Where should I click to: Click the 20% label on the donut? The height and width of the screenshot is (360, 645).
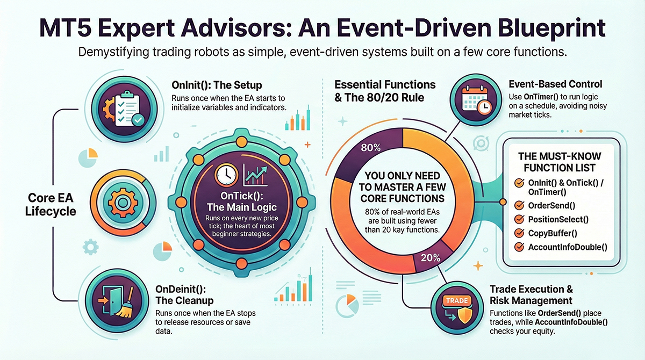click(x=430, y=256)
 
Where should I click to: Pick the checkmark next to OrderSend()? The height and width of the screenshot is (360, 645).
click(x=519, y=205)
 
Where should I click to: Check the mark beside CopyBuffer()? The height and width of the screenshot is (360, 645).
click(x=519, y=233)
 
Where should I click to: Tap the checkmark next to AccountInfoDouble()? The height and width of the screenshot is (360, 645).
click(x=519, y=247)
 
